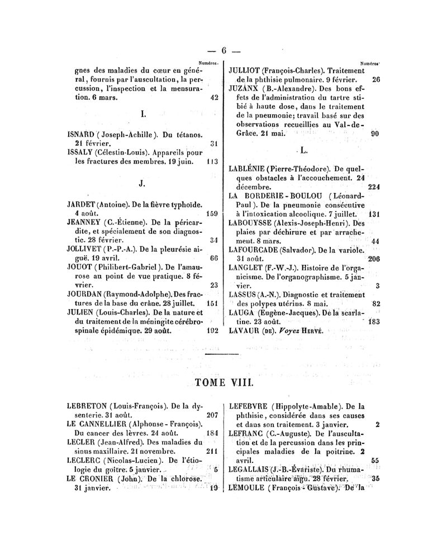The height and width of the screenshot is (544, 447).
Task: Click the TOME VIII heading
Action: pos(223,384)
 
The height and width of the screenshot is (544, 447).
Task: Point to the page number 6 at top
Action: pos(223,50)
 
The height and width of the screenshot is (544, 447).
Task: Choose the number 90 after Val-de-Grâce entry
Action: pos(375,134)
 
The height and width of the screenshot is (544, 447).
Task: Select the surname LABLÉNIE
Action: pos(248,168)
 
